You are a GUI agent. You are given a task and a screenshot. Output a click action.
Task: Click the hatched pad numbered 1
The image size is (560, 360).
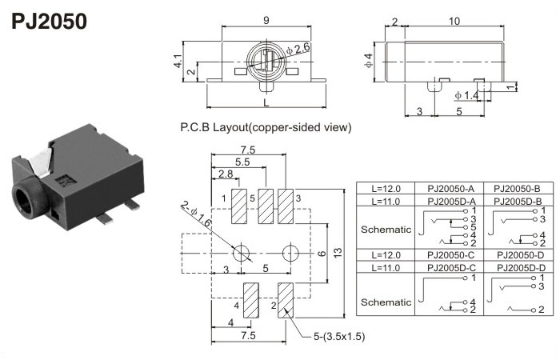238,207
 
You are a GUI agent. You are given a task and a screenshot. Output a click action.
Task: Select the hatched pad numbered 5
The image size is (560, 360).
265,207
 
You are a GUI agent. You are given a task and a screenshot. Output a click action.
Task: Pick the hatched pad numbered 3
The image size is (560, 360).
286,207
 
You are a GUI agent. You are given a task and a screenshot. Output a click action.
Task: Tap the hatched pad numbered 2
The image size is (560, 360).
286,301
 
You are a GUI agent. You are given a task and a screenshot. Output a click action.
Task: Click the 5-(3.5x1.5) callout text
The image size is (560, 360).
338,337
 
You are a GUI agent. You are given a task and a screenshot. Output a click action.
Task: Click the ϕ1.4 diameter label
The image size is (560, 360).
466,95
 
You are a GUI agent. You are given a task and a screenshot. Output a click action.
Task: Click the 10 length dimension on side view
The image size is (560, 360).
454,21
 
